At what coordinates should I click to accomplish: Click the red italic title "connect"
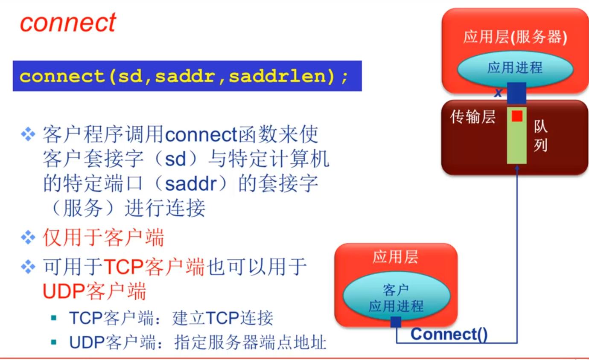[x=67, y=22]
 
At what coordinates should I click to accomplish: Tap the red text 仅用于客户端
[x=103, y=238]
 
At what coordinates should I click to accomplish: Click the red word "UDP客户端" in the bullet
[x=94, y=292]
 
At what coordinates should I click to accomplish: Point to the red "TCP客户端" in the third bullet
[x=155, y=268]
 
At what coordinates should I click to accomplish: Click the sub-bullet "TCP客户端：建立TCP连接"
[x=171, y=318]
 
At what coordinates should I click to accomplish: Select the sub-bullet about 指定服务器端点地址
[x=198, y=342]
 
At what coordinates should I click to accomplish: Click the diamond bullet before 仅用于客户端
[x=28, y=238]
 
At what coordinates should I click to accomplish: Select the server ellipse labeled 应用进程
[x=515, y=68]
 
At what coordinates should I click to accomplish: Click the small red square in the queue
[x=517, y=116]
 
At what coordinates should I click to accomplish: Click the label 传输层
[x=473, y=117]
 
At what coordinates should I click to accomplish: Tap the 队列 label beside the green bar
[x=540, y=136]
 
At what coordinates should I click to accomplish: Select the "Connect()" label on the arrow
[x=449, y=334]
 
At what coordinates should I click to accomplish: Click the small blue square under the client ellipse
[x=396, y=322]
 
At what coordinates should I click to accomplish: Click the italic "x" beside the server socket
[x=498, y=93]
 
